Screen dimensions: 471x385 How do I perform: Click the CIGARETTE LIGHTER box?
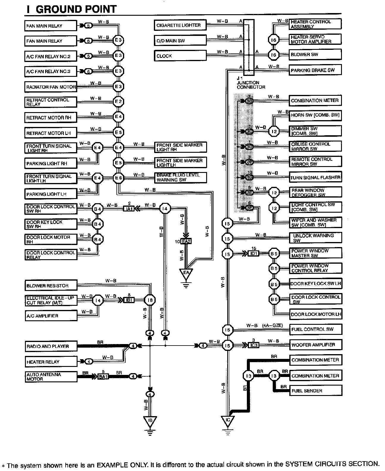click(x=180, y=25)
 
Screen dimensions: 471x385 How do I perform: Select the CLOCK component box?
click(x=180, y=56)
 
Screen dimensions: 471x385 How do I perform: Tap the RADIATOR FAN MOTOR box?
click(x=51, y=87)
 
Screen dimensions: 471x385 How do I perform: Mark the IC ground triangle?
click(x=228, y=421)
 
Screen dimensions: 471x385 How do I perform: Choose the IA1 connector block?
click(x=129, y=209)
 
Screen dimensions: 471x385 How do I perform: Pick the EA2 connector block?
click(x=186, y=241)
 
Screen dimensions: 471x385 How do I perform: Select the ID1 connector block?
click(x=254, y=253)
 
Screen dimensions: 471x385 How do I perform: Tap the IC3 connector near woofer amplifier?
click(x=254, y=345)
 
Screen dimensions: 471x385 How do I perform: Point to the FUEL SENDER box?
click(x=315, y=391)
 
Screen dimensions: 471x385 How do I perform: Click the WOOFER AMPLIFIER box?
click(x=315, y=345)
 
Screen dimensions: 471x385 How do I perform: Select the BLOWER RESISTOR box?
click(x=51, y=286)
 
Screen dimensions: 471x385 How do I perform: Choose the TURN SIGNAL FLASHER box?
click(x=315, y=177)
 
